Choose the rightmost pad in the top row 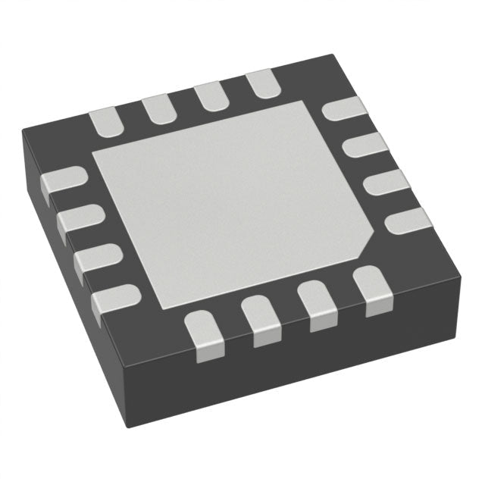coord(261,82)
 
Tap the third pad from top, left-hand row coord(95,258)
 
